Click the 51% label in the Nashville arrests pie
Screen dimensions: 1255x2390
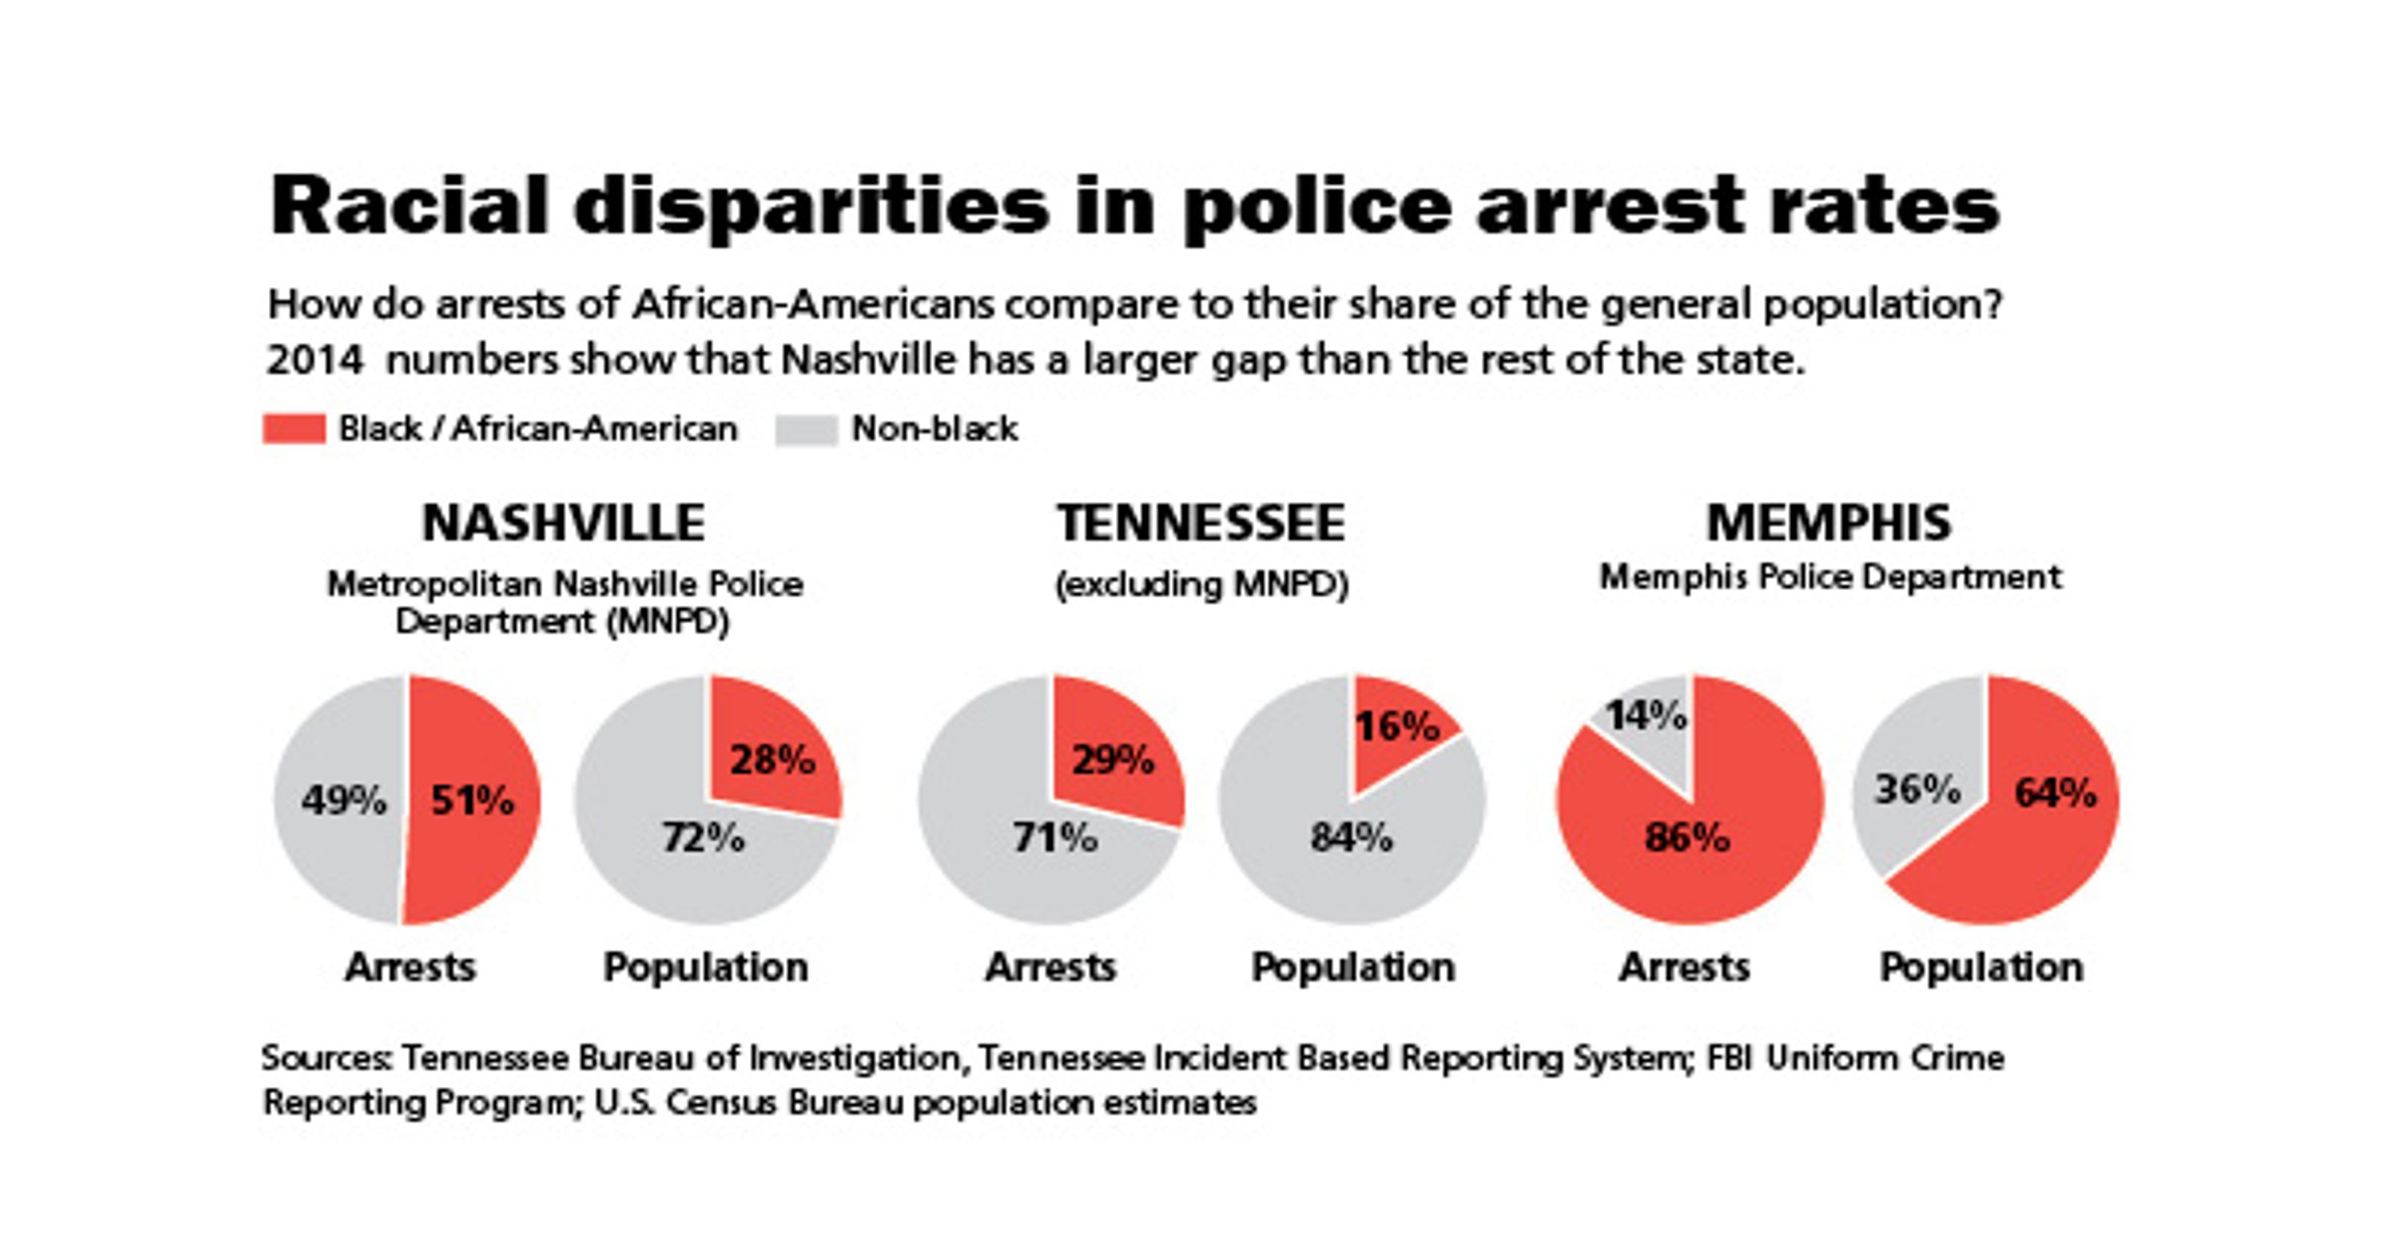point(471,799)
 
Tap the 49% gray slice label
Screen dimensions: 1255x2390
point(344,799)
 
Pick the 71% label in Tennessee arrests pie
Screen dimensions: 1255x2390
point(1055,837)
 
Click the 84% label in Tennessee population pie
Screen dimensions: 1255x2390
point(1351,837)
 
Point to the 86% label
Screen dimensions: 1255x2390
point(1686,837)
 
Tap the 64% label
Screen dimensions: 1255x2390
point(2055,793)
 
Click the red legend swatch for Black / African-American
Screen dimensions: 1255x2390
point(294,429)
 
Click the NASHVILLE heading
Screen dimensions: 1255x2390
point(563,523)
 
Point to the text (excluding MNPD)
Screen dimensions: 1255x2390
point(1202,585)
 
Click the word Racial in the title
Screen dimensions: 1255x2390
point(409,206)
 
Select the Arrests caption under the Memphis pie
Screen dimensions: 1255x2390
point(1684,967)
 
